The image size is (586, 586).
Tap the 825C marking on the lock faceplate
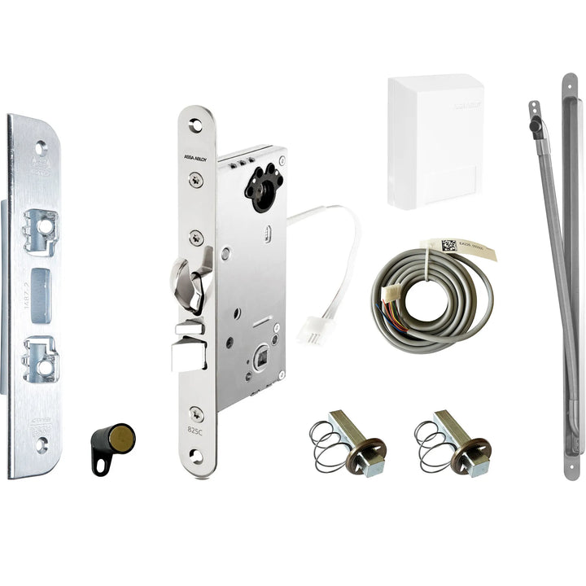[x=195, y=431]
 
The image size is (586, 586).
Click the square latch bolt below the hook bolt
[x=189, y=352]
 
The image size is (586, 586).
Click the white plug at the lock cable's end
[x=312, y=330]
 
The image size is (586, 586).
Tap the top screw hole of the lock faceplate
[x=195, y=126]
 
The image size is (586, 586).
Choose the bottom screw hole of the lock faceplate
[x=196, y=457]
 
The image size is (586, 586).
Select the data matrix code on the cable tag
[x=448, y=245]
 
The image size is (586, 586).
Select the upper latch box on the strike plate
[x=40, y=230]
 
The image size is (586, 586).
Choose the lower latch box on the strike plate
[x=40, y=359]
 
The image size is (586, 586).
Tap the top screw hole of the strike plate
[x=41, y=147]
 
